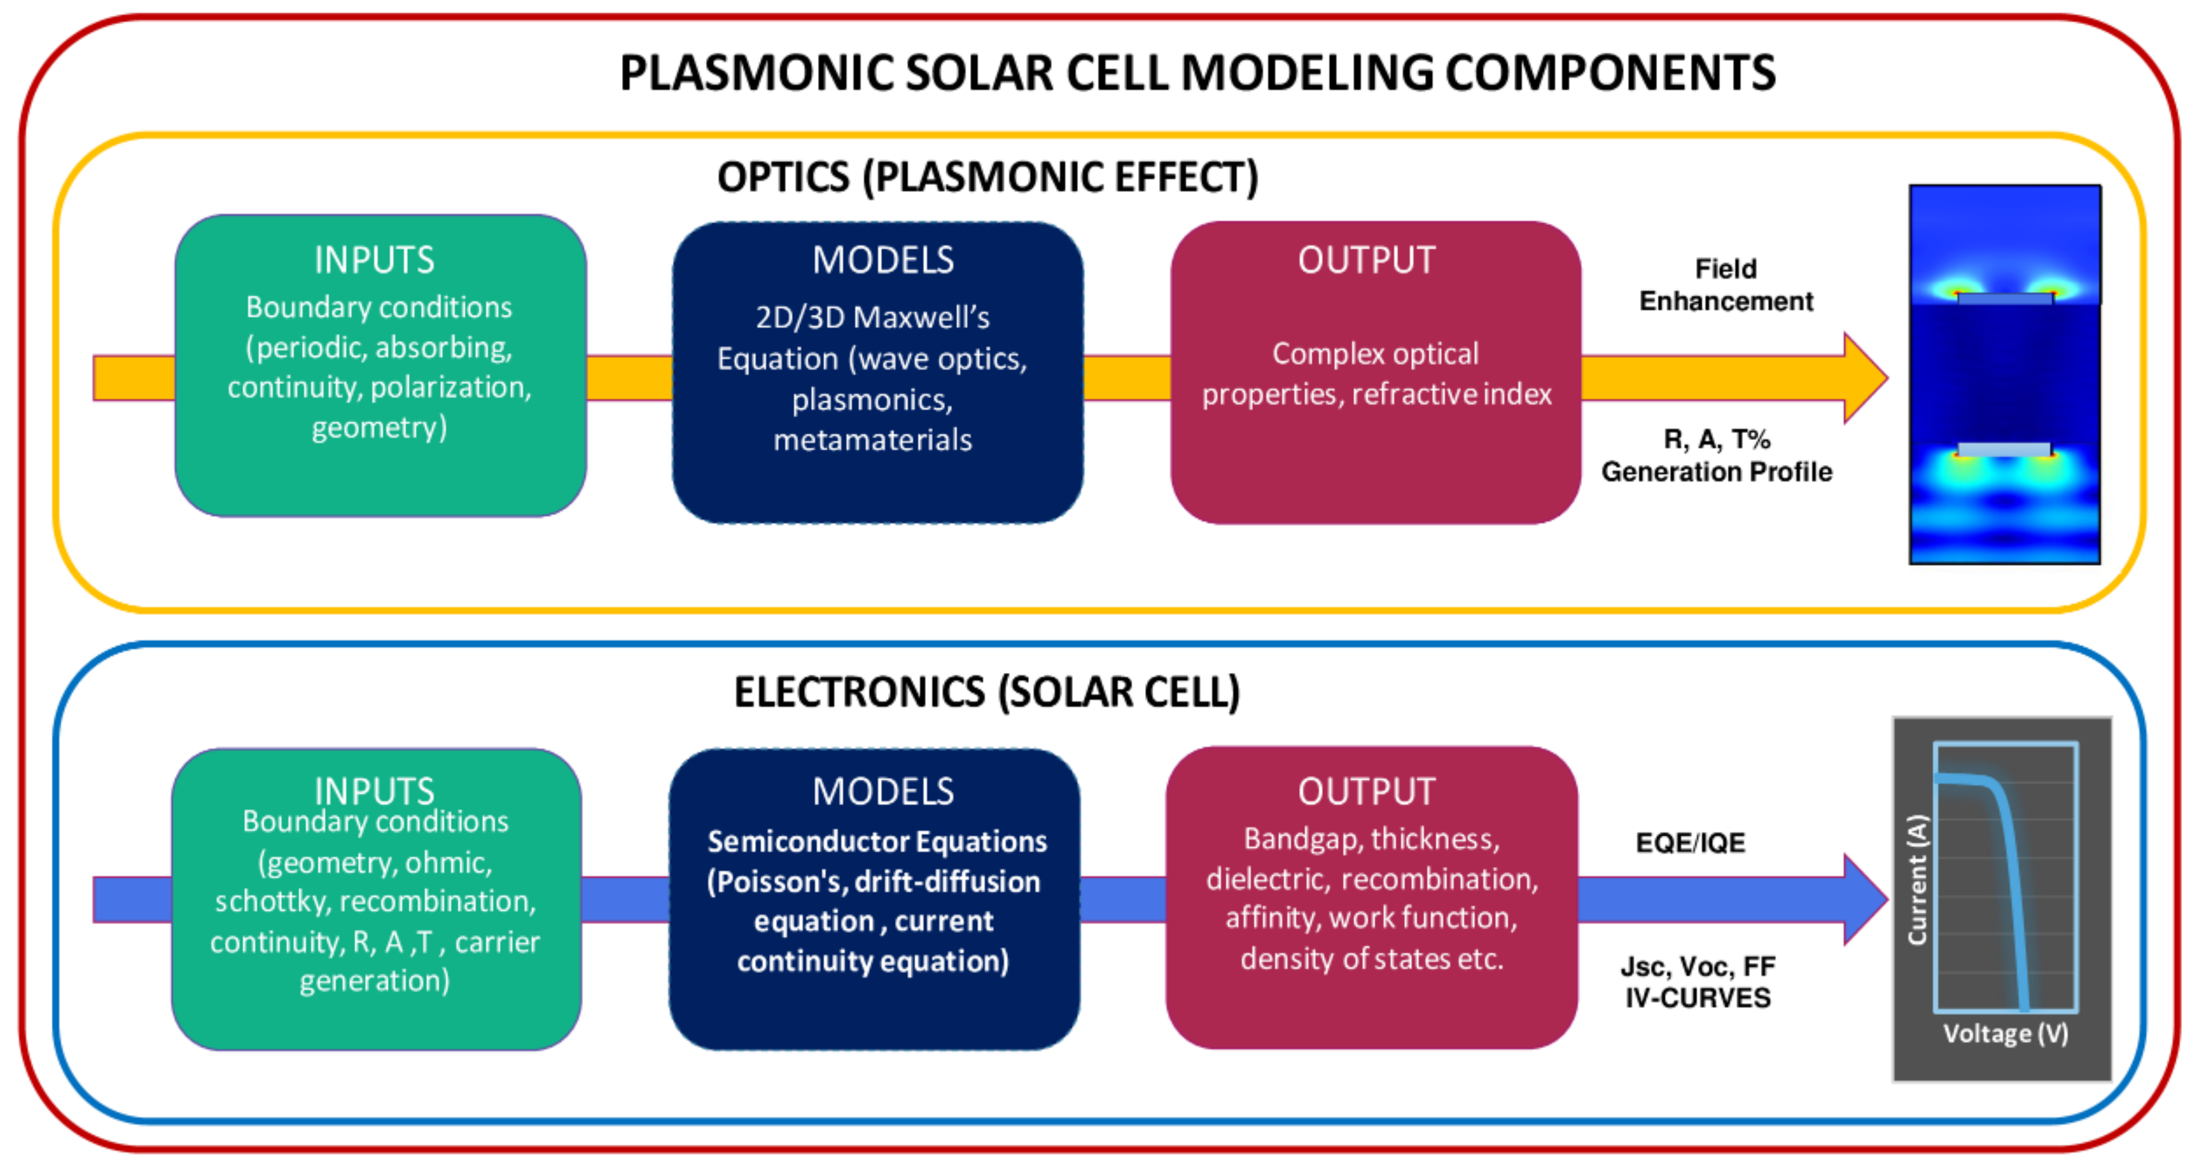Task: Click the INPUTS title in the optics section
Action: coord(374,260)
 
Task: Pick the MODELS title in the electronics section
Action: coord(882,791)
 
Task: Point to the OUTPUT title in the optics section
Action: coord(1367,260)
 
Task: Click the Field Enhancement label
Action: coord(1725,285)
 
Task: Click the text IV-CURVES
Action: coord(1698,998)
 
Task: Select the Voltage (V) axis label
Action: coord(2005,1034)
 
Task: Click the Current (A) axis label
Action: coord(1917,879)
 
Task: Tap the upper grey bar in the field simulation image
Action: coord(2003,299)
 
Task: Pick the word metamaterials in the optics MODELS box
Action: coord(872,441)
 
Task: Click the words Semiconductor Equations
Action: coord(877,842)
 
